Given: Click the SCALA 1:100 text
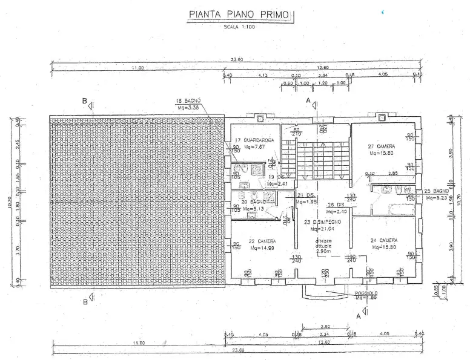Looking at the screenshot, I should [x=239, y=28].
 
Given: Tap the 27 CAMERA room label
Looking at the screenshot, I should [x=382, y=147].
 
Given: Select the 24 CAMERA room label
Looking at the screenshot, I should [x=384, y=240].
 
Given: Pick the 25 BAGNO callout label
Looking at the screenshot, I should [x=435, y=191].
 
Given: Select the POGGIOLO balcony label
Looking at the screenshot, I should [x=366, y=292].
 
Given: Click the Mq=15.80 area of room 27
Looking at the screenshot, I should [x=382, y=153].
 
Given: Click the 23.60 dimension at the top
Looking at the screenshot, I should [x=236, y=59].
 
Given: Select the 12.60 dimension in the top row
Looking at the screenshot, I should [x=322, y=68].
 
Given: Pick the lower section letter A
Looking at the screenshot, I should [x=359, y=315].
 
